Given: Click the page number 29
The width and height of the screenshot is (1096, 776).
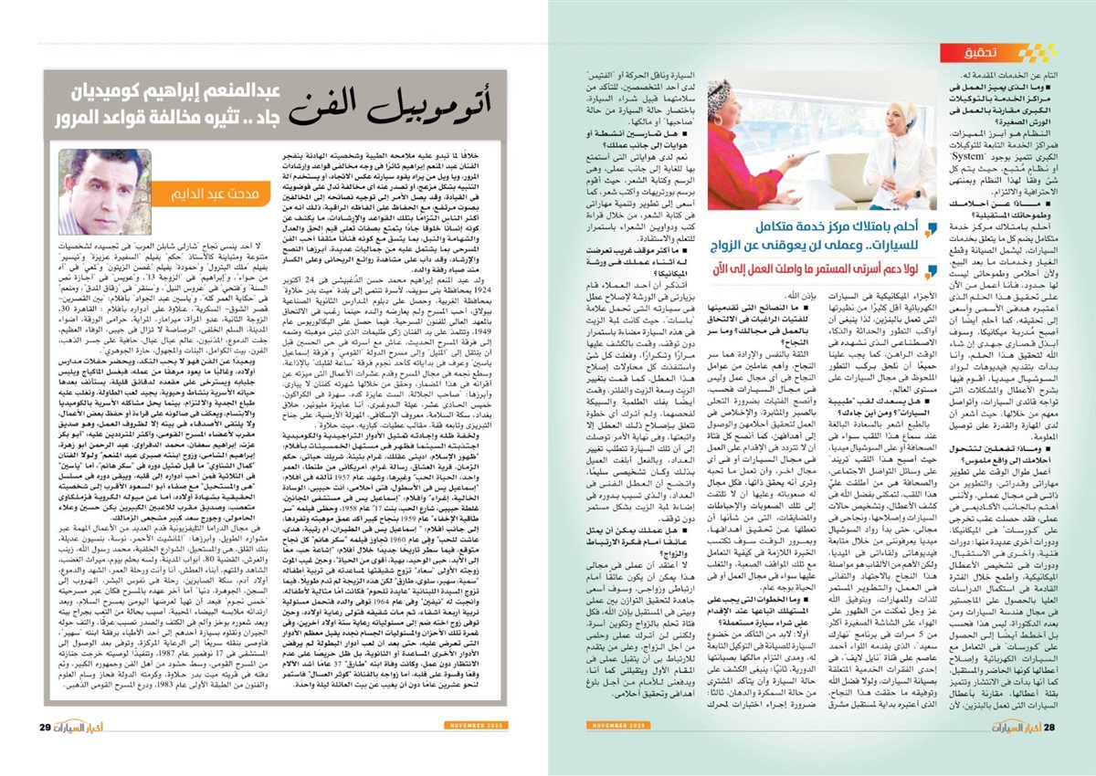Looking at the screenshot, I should click(x=45, y=726).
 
